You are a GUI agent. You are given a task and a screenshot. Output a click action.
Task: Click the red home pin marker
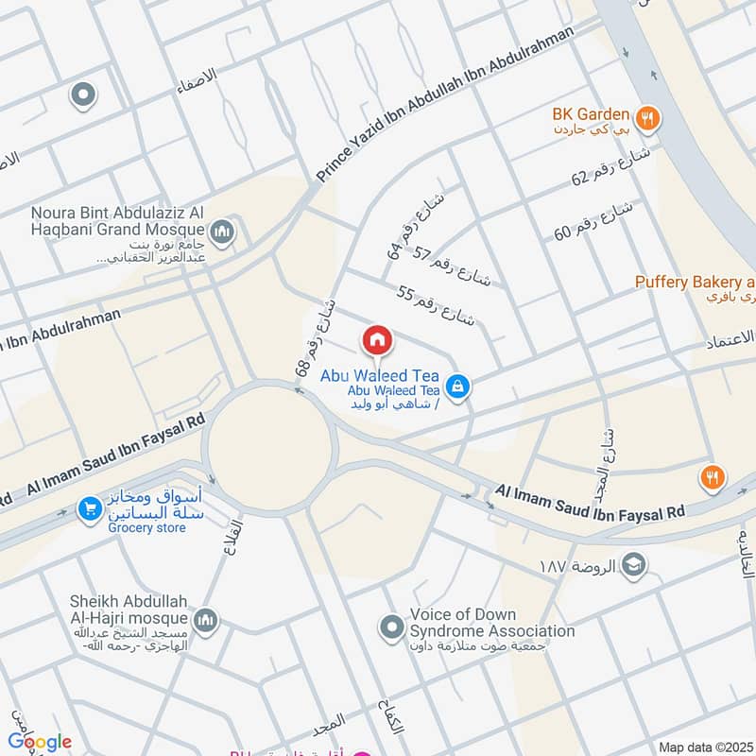pos(376,340)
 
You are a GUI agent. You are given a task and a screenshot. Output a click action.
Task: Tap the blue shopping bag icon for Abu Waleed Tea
pos(457,386)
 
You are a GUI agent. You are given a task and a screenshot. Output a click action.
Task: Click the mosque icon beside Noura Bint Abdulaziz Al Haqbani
pos(222,231)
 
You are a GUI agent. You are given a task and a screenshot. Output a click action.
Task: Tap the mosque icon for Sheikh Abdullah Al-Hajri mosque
pos(208,620)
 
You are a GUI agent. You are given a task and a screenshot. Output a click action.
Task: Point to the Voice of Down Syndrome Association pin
pos(390,626)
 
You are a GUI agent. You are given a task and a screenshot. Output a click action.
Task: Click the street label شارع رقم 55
pos(435,305)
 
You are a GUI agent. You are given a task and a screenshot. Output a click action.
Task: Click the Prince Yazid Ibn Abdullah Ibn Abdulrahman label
pos(444,105)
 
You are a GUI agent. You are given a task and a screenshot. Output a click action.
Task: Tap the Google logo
pos(40,742)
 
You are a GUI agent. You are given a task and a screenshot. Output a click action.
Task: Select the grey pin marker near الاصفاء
pos(83,94)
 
